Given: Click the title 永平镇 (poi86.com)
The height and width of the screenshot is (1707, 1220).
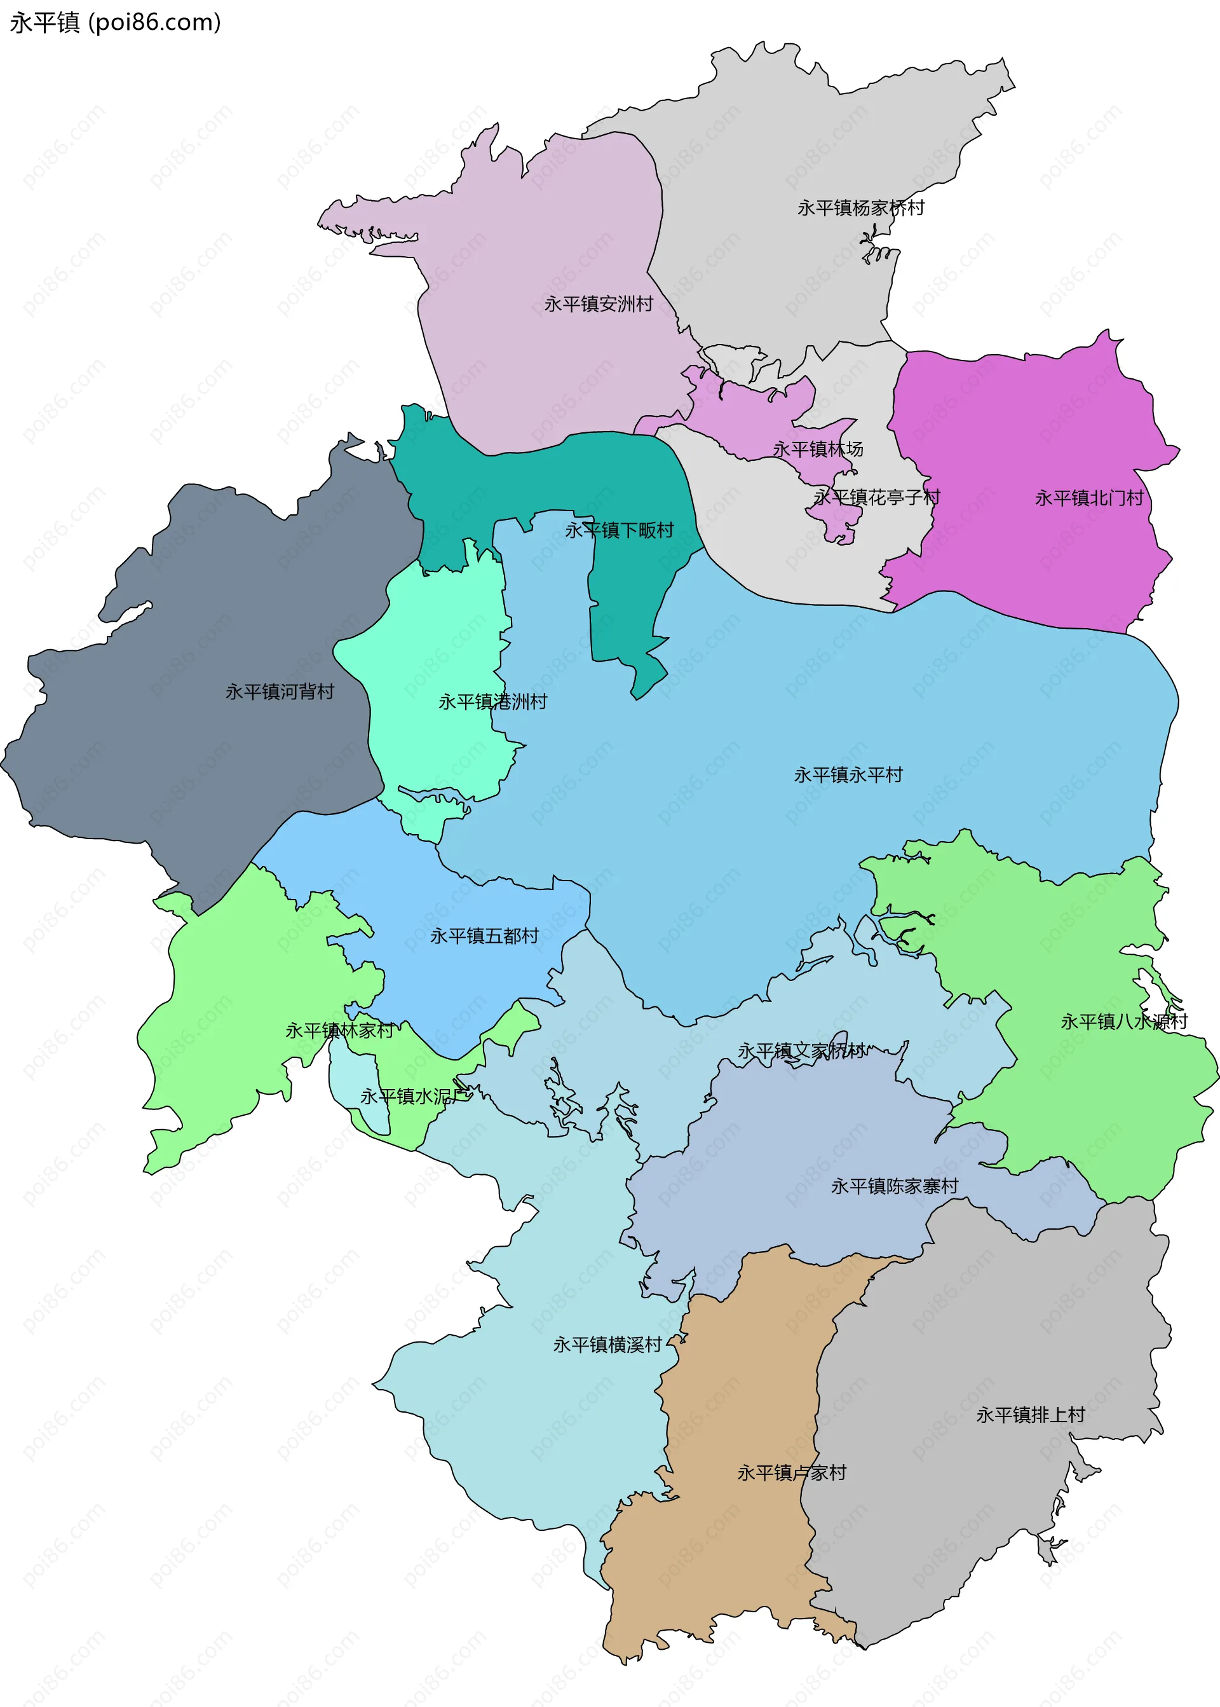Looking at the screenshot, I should (115, 22).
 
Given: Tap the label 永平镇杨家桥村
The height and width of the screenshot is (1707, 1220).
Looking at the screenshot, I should (860, 207).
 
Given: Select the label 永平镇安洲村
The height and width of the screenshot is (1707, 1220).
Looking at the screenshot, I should (598, 304).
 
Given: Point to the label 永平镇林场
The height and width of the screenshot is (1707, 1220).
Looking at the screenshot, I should (817, 449).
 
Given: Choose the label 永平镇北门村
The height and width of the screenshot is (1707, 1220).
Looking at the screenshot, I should (1088, 498).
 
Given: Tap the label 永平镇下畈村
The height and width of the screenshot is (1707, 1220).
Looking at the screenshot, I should (619, 530).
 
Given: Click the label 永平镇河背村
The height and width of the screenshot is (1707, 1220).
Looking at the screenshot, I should (280, 692).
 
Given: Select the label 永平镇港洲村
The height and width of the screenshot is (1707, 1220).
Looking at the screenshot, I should (493, 701).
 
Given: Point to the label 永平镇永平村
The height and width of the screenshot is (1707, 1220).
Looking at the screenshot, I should (848, 774).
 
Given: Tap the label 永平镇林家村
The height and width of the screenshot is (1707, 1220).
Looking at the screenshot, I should (339, 1031).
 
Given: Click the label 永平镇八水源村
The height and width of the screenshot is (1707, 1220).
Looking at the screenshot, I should (1124, 1022).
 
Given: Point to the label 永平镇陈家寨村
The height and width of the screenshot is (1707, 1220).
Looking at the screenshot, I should (894, 1186).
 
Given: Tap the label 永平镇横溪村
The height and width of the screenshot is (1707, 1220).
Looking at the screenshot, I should (607, 1345).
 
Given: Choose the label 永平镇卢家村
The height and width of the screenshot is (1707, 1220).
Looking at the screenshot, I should (791, 1472).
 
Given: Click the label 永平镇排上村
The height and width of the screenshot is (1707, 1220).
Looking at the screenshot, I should (1030, 1415).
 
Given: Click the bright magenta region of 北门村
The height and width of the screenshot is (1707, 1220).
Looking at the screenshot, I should (1037, 421).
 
